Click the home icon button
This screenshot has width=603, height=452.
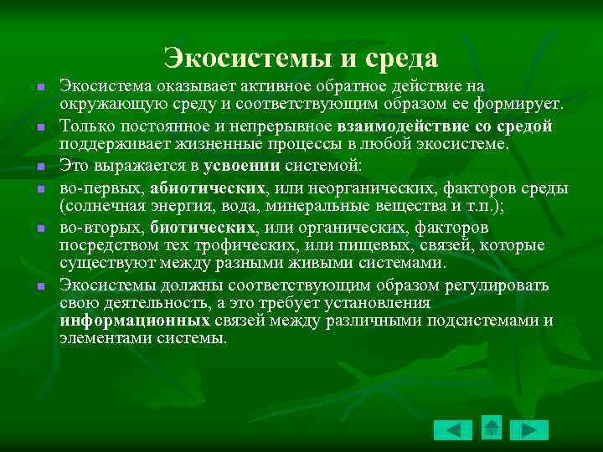pos(492,428)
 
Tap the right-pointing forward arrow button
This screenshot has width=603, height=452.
pos(529,429)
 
